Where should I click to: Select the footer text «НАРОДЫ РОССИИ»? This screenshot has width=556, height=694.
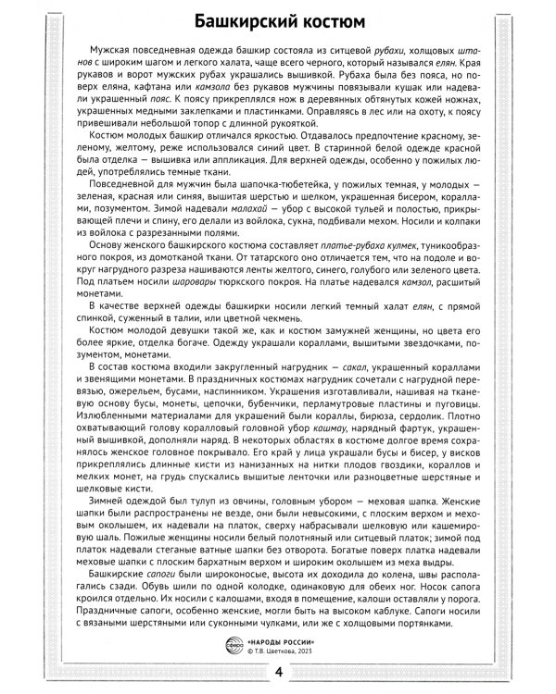(x=282, y=640)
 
